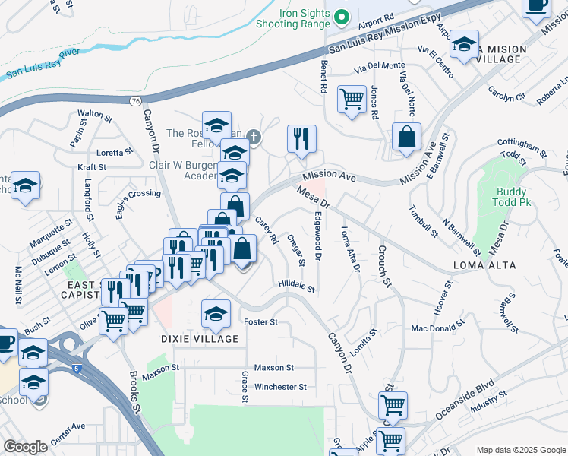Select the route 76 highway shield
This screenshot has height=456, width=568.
(x=134, y=100)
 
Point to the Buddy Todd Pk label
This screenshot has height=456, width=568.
(x=514, y=197)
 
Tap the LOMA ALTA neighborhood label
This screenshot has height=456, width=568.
(x=484, y=265)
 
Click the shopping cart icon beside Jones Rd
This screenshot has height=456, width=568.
(x=352, y=99)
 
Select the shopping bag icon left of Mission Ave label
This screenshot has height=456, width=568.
(x=407, y=138)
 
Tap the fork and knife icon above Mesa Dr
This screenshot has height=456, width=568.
(x=301, y=139)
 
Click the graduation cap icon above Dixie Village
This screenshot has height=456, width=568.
(x=216, y=312)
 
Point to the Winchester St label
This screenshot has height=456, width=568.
(x=280, y=387)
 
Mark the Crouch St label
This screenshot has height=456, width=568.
(x=383, y=266)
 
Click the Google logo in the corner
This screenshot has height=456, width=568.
(x=26, y=447)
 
